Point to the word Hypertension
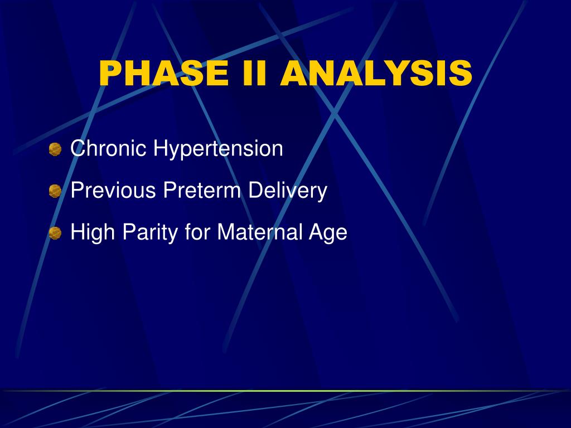pos(218,149)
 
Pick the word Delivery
pos(288,191)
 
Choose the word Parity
pos(150,232)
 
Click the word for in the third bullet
pos(197,231)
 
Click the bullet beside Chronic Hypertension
pos(55,149)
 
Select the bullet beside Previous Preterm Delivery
pos(55,191)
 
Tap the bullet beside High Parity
pos(55,233)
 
